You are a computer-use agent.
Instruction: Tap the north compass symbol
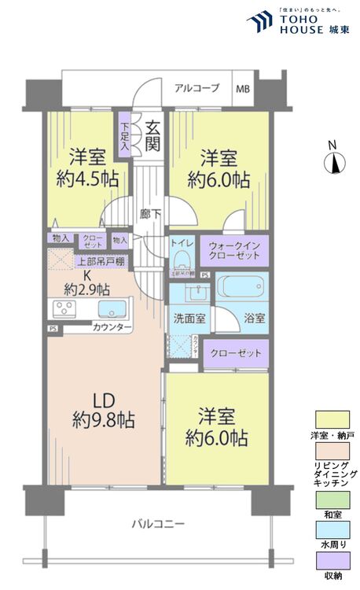333,164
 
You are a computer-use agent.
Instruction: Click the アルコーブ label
197,88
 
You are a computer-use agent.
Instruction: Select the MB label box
241,88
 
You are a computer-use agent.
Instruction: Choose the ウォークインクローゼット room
233,252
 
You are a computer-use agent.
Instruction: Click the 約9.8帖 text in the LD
103,419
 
